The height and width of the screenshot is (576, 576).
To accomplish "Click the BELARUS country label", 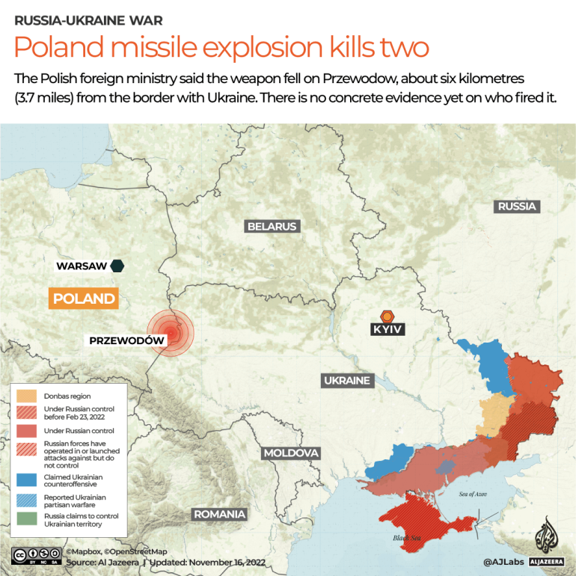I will pyautogui.click(x=272, y=226).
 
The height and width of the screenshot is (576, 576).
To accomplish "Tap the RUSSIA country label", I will pyautogui.click(x=517, y=206).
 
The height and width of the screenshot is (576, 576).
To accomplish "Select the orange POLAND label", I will pyautogui.click(x=84, y=299).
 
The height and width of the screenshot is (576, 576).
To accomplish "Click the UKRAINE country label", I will pyautogui.click(x=347, y=381).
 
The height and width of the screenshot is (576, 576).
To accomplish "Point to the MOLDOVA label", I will pyautogui.click(x=291, y=453).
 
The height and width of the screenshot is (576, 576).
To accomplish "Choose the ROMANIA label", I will pyautogui.click(x=220, y=514).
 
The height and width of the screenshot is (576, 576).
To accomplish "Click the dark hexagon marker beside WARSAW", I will pyautogui.click(x=117, y=266).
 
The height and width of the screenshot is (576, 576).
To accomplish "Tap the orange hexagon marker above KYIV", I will pyautogui.click(x=387, y=316).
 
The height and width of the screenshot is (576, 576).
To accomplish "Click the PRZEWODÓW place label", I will pyautogui.click(x=126, y=340).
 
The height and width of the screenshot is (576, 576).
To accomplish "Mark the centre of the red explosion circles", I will pyautogui.click(x=171, y=332).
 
